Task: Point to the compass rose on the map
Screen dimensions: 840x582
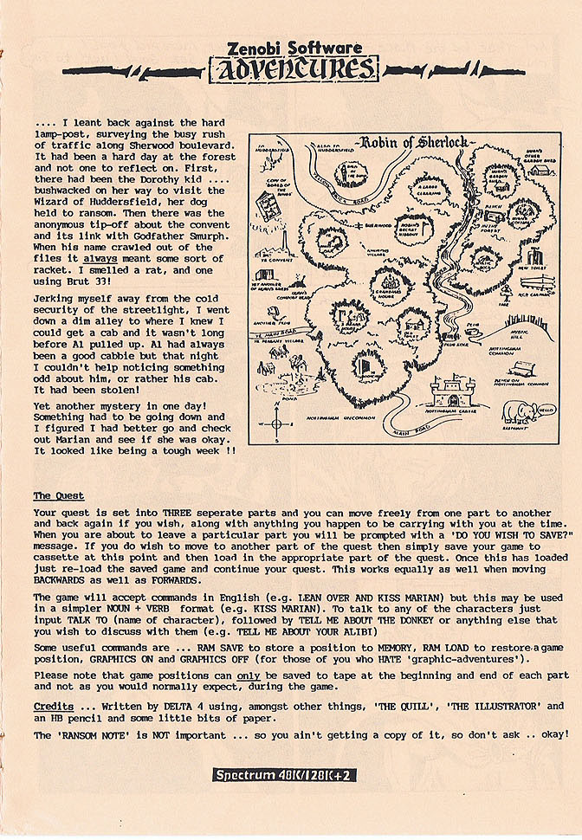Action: click(275, 425)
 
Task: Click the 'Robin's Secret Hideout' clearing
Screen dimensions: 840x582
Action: click(412, 229)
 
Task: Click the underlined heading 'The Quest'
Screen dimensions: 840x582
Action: click(58, 495)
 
